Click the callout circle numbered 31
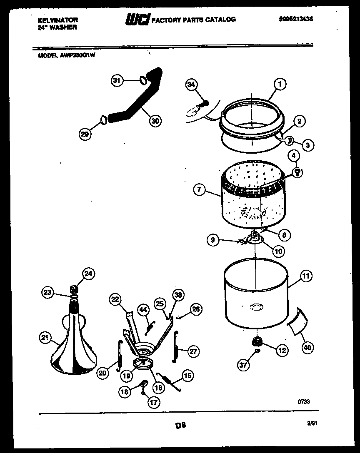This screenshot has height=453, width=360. [x=117, y=81]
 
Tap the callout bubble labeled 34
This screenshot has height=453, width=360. [x=191, y=85]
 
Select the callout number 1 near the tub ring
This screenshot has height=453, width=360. [x=280, y=85]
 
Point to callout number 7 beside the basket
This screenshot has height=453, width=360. [x=200, y=190]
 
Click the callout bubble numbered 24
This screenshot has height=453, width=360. [x=88, y=274]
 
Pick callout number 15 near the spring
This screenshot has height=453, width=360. [x=187, y=376]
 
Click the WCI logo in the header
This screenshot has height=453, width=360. [x=137, y=20]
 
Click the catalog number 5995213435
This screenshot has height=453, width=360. [x=295, y=19]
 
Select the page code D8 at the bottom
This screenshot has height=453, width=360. [x=180, y=426]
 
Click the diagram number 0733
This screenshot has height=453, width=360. [x=304, y=402]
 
